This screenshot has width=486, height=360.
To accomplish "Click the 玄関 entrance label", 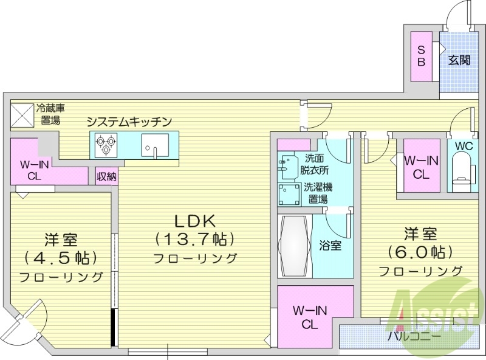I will coord(459,60).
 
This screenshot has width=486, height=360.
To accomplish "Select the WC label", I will coord(464,147).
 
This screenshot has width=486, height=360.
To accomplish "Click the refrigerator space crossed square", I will coord(22,115).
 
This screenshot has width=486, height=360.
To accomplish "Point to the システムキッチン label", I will coord(129,122).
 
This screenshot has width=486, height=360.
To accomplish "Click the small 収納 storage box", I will coord(106,176).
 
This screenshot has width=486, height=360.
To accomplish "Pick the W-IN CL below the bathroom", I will coord(309,317).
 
